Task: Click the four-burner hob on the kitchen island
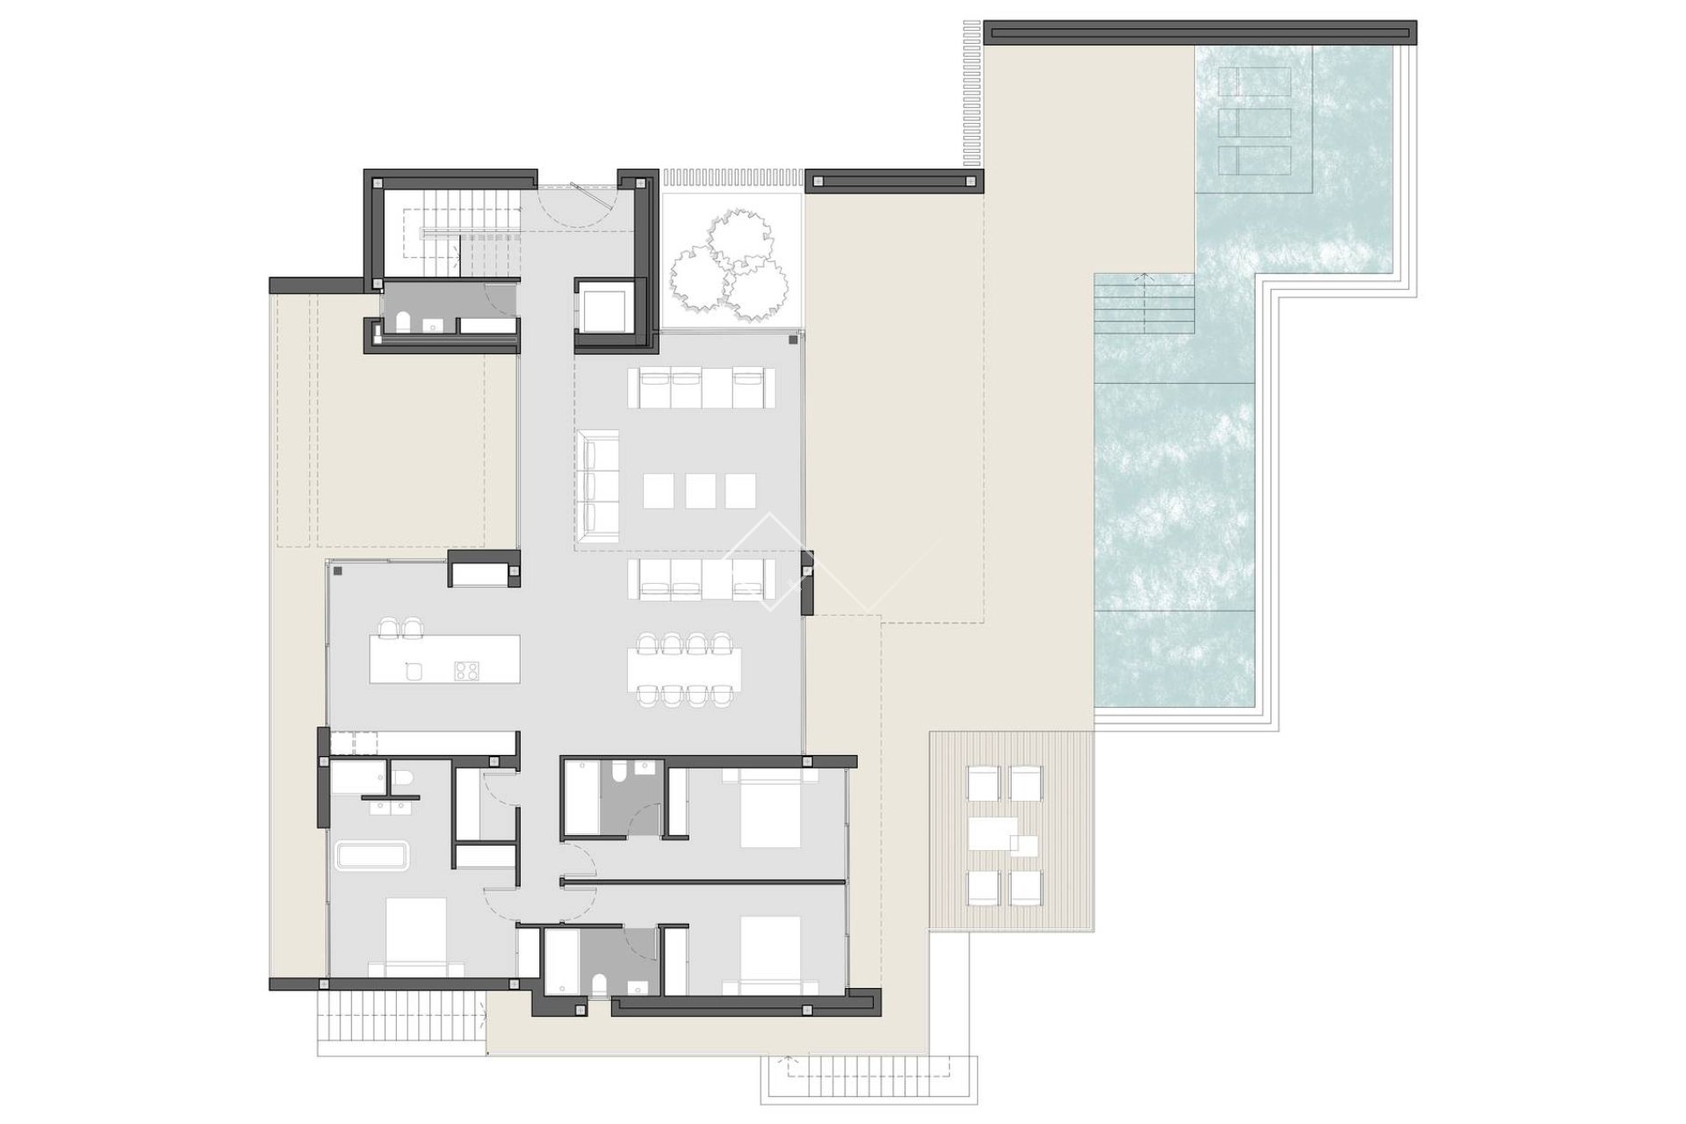coord(465,671)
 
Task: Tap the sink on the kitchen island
coord(414,672)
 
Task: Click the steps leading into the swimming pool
coord(1144,303)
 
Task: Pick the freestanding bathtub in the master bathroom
coord(371,856)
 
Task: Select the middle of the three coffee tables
coord(700,491)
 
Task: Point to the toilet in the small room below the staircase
coord(403,323)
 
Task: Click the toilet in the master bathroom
coord(404,778)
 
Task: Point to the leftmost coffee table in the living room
coord(658,491)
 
